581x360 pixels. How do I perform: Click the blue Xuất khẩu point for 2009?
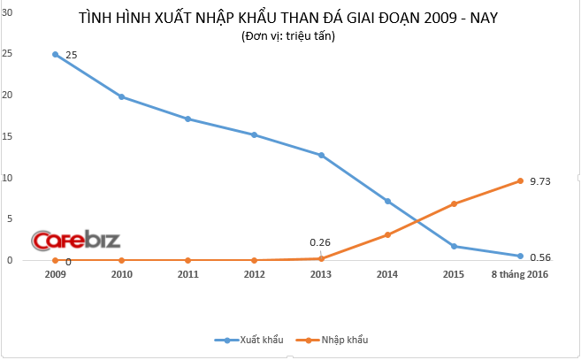point(55,54)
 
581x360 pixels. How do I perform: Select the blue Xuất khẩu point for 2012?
point(254,134)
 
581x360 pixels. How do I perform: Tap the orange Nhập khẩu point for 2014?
point(387,234)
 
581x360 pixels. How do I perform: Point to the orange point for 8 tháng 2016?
point(520,180)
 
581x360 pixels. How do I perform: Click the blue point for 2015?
point(454,246)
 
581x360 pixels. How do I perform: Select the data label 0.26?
point(320,242)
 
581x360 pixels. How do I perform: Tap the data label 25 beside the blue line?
point(72,55)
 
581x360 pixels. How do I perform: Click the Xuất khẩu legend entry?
point(253,340)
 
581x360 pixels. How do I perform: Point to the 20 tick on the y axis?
point(10,96)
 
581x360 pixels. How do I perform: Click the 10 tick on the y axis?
point(10,178)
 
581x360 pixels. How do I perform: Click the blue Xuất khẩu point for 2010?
point(121,96)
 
